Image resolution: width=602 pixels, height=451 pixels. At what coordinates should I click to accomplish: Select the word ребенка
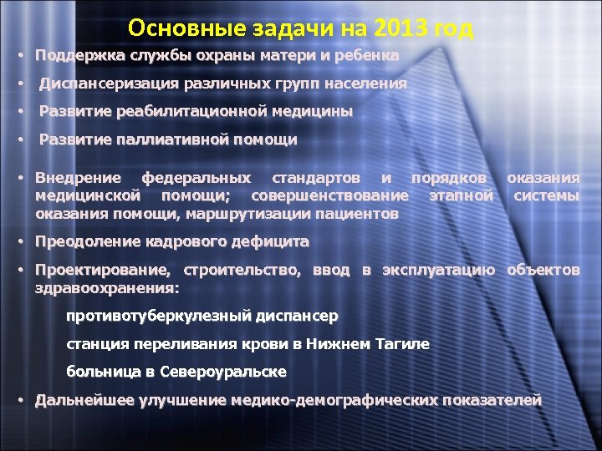tap(365, 56)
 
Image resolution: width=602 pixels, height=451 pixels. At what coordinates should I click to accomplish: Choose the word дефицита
tap(273, 242)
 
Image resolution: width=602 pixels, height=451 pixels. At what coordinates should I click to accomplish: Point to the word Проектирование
tap(103, 271)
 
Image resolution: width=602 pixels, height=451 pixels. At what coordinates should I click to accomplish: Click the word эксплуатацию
tap(440, 271)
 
